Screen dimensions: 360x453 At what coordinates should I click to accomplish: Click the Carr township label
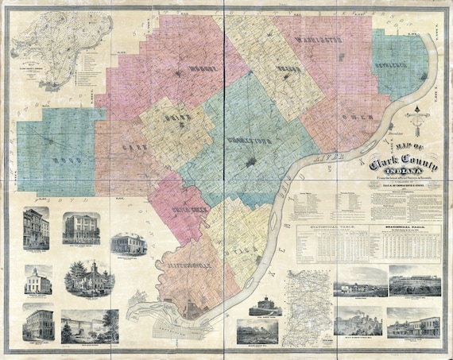[131, 148]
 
